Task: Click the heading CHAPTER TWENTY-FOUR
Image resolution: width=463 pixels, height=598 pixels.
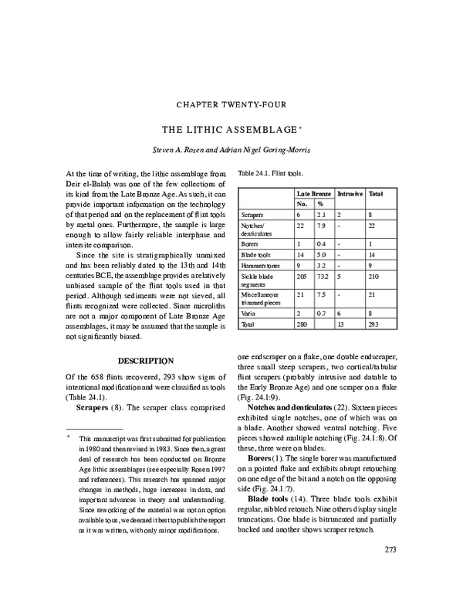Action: point(231,104)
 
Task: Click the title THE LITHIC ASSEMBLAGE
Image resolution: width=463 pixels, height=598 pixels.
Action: point(228,130)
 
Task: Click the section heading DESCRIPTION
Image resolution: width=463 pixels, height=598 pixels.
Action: point(145,361)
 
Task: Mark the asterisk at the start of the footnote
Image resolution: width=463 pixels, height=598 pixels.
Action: point(68,437)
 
